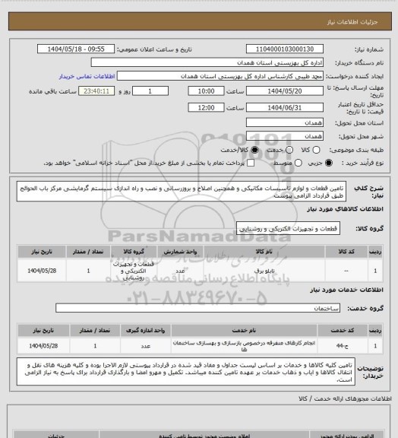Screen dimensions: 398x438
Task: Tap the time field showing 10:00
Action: pyautogui.click(x=205, y=90)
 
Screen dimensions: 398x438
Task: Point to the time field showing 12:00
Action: pyautogui.click(x=205, y=109)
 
